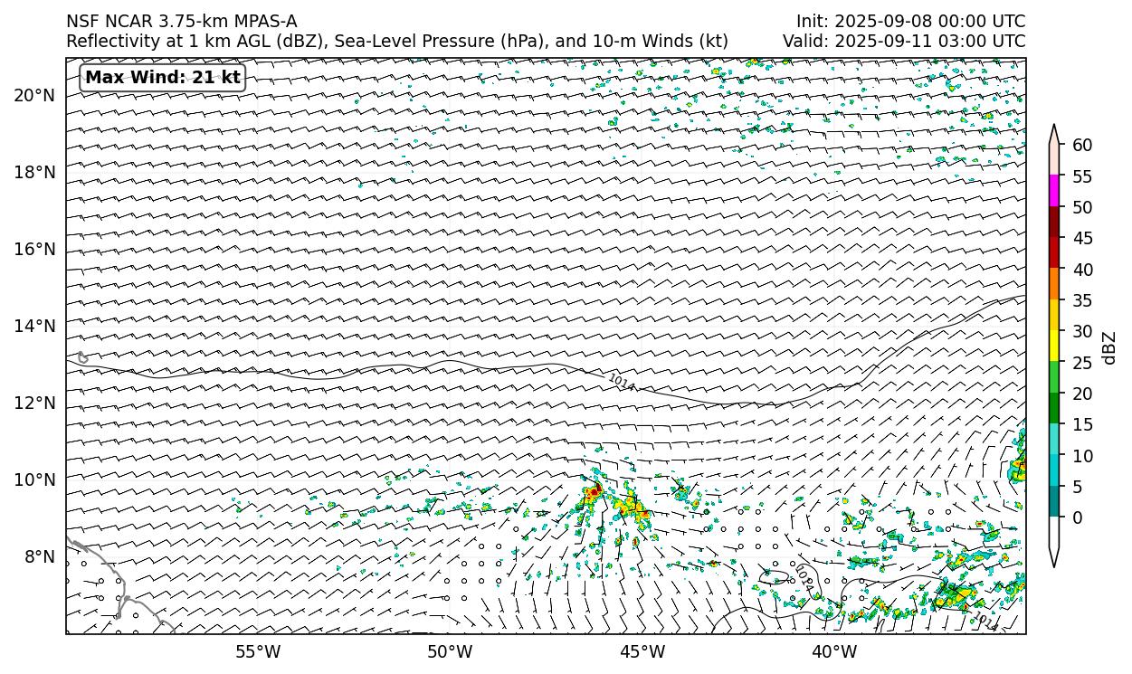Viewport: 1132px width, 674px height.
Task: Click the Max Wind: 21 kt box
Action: [163, 78]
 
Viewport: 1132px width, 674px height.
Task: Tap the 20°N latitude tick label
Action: [34, 96]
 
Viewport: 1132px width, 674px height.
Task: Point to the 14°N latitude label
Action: [34, 327]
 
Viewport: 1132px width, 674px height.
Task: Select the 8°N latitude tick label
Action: [39, 557]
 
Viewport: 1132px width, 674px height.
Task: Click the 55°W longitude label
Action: [258, 652]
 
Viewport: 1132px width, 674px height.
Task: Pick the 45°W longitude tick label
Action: [642, 652]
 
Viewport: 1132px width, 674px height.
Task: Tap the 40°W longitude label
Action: [834, 652]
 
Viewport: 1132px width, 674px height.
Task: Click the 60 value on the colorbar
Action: [1082, 146]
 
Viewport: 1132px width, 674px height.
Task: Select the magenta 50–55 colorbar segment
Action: [1054, 191]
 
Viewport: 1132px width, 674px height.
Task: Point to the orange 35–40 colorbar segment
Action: [1054, 285]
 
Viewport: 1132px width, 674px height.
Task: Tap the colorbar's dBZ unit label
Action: [1110, 348]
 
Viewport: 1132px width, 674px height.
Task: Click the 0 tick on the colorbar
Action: [1077, 518]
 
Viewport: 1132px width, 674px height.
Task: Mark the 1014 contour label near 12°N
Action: [621, 383]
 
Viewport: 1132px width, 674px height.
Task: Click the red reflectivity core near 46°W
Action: [594, 492]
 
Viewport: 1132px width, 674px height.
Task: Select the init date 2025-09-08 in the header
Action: [887, 22]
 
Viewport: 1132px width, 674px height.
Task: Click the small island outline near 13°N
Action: [83, 358]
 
